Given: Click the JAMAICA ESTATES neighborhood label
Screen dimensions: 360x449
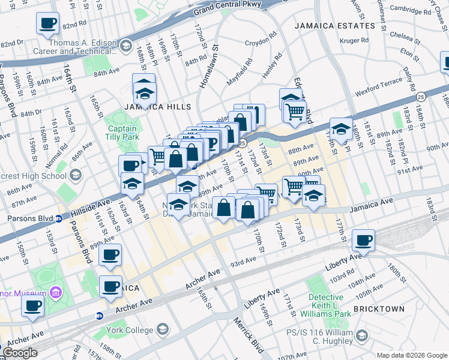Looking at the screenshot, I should [335, 26].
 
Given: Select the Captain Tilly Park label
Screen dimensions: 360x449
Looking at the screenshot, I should [122, 133].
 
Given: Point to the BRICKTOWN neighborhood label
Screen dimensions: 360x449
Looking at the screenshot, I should [379, 308].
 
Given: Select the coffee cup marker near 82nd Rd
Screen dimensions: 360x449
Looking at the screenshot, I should [47, 23].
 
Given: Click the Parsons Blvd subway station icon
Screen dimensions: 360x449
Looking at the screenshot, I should [59, 218].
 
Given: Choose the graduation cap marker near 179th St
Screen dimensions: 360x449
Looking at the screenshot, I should [340, 130].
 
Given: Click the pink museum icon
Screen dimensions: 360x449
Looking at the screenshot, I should [56, 293].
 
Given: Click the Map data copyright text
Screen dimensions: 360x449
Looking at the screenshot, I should [411, 355].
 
